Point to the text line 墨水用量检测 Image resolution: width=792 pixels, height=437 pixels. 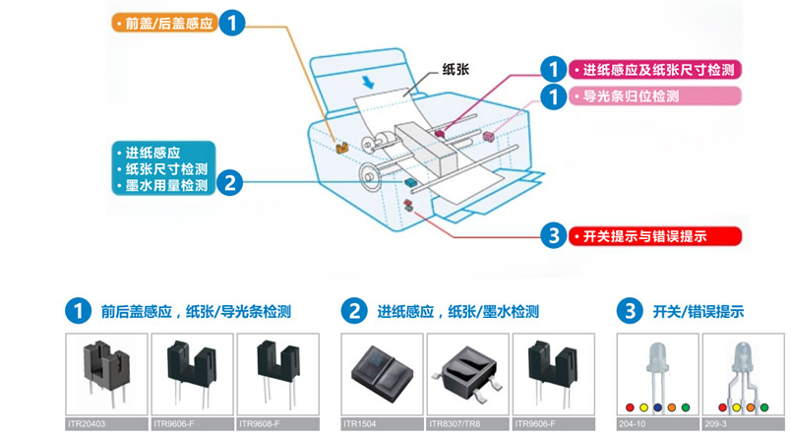click(165, 185)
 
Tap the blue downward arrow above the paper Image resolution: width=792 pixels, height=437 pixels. click(368, 78)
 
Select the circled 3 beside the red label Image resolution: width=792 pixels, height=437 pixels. click(554, 236)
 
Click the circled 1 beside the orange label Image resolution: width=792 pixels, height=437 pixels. click(231, 23)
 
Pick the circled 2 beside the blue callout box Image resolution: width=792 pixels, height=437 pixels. click(229, 181)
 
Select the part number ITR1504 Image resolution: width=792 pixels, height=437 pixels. click(360, 425)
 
